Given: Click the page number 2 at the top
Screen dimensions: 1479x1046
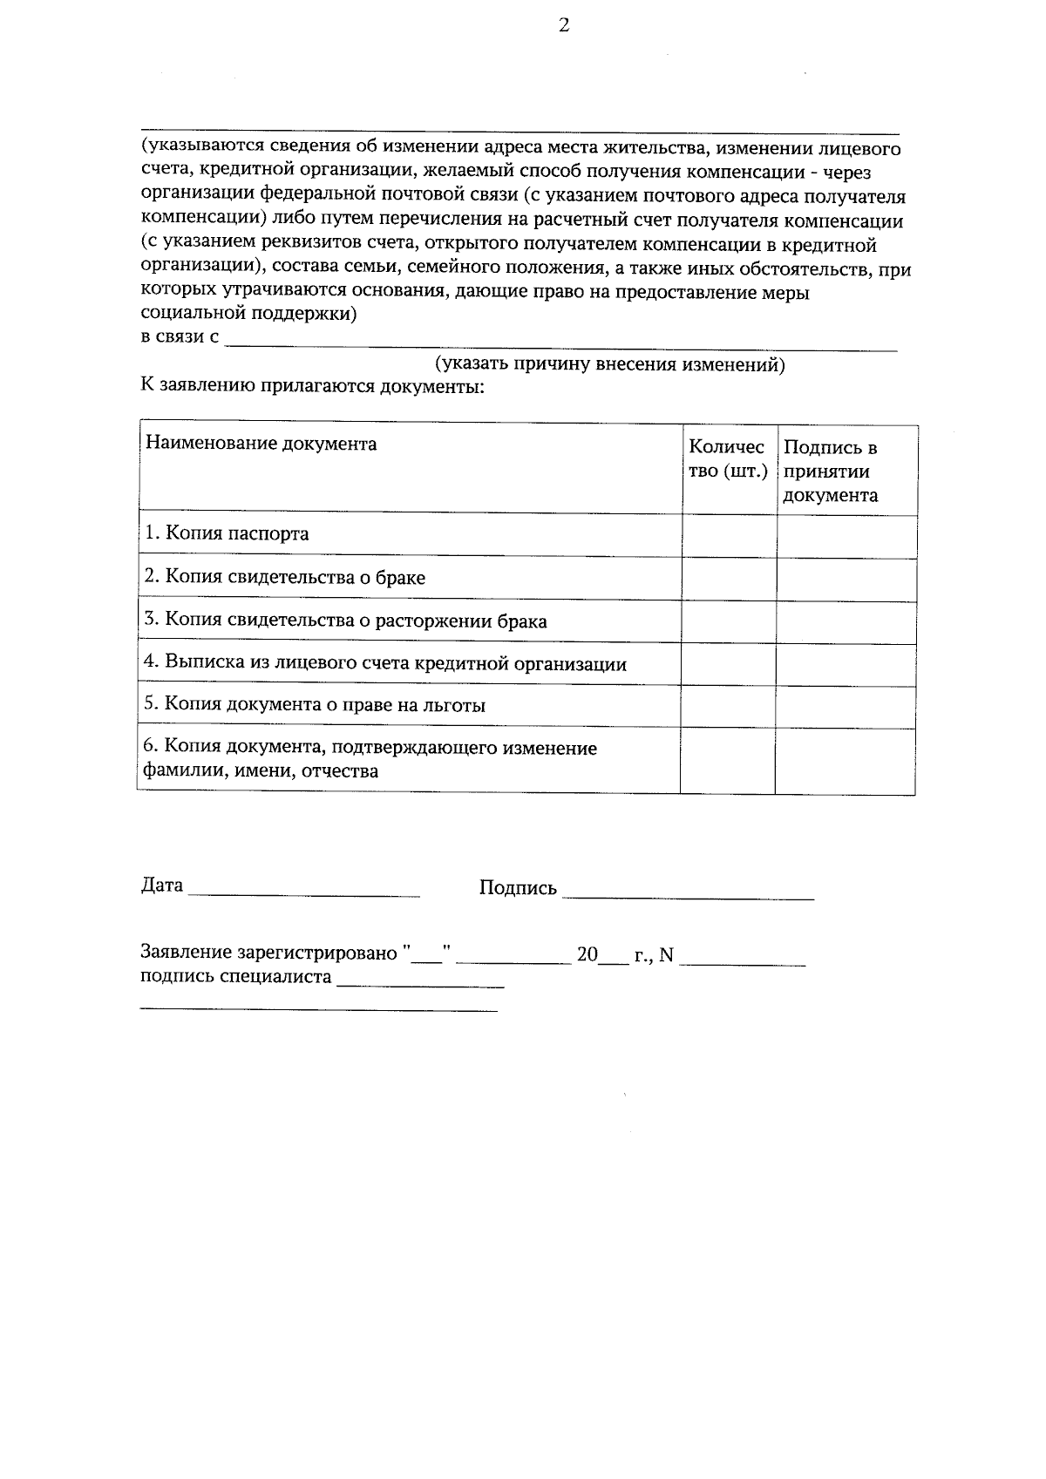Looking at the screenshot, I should click(563, 26).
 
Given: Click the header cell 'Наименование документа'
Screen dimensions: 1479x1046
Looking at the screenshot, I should click(261, 444).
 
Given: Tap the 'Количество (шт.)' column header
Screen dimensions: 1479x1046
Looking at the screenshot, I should click(727, 459).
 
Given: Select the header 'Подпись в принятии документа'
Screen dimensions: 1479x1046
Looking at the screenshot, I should click(830, 472).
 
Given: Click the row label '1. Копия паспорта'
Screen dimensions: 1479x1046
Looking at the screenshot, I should click(227, 533).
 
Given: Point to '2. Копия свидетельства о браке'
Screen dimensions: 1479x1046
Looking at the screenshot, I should click(285, 577).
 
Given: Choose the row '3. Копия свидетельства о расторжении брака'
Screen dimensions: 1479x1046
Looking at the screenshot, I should click(346, 621).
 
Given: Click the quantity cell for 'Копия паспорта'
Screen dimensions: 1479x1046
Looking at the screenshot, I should click(729, 535).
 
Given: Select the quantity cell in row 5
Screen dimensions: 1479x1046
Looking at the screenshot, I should click(728, 706).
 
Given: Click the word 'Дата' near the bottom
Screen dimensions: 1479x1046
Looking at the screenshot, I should click(162, 885).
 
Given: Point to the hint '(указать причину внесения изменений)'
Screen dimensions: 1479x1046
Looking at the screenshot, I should click(610, 365).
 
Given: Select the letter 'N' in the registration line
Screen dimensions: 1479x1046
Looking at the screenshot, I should click(666, 955).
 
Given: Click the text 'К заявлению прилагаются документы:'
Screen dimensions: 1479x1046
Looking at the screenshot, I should click(313, 386).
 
